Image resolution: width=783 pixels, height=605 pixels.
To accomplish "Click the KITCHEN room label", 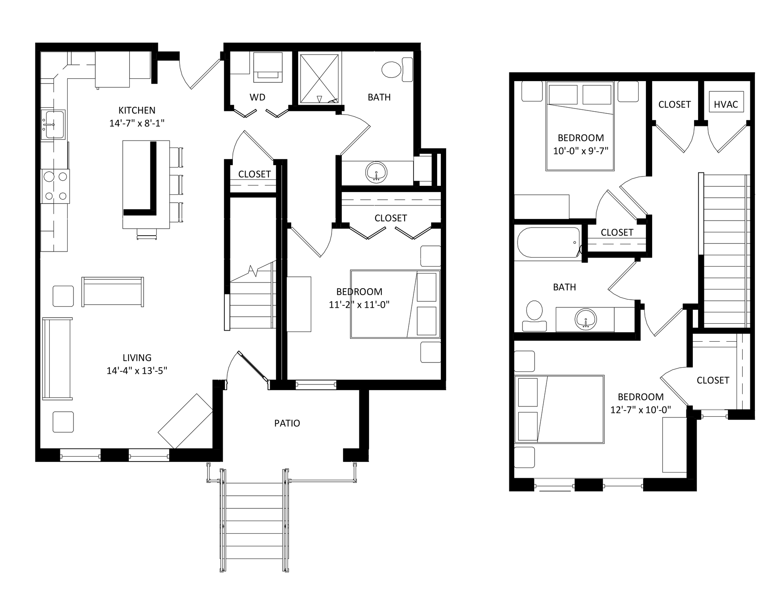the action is click(x=137, y=110).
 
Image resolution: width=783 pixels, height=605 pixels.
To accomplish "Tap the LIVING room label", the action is click(x=137, y=358).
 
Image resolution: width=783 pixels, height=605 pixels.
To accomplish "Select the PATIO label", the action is click(x=287, y=423).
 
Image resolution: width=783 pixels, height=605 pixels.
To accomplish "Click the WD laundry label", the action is click(x=257, y=97).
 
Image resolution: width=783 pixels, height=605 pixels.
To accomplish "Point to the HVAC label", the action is click(x=726, y=104).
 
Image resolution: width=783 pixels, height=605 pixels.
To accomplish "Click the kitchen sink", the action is click(x=53, y=124).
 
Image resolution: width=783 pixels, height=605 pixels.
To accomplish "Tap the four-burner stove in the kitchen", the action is click(x=55, y=186).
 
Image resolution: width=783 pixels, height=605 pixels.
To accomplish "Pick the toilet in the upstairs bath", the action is click(x=534, y=316).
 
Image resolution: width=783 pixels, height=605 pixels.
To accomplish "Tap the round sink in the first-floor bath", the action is click(x=376, y=172).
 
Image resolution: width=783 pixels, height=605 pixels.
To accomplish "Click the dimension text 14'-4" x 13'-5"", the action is click(x=137, y=371).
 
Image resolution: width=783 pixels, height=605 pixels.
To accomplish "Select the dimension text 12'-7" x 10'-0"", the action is click(x=641, y=410).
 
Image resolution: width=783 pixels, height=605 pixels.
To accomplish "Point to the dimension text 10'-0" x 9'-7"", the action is click(x=581, y=151).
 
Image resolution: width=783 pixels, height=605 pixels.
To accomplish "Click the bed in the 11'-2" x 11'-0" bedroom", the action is click(x=395, y=304).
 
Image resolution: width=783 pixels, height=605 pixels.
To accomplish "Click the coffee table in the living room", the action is click(x=113, y=292).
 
